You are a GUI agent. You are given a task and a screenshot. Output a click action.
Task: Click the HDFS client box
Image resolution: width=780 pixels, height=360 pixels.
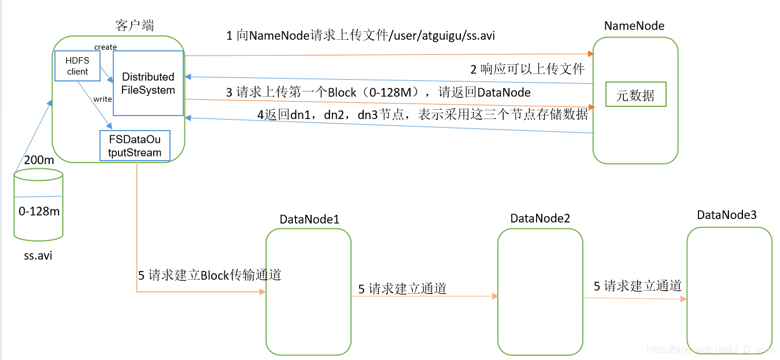(77, 65)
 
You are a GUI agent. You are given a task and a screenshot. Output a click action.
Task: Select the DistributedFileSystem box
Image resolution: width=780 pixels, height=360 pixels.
(148, 83)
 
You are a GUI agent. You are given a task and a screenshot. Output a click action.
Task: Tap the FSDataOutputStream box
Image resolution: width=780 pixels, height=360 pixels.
(135, 146)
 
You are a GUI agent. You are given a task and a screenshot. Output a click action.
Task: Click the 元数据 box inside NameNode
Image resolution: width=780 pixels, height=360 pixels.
(635, 95)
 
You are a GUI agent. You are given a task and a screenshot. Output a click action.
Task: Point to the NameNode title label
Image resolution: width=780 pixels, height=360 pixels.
(634, 26)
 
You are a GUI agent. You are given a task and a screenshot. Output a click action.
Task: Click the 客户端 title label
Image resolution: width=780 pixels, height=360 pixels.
(135, 25)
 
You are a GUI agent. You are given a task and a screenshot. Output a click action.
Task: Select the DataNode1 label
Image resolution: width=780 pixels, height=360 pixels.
(309, 220)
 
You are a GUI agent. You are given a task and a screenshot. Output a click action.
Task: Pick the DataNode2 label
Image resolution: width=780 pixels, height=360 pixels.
(540, 218)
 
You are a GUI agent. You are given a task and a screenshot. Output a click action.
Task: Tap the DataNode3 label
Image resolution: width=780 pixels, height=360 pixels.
(727, 215)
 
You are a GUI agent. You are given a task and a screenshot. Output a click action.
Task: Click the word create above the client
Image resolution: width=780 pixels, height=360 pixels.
(105, 47)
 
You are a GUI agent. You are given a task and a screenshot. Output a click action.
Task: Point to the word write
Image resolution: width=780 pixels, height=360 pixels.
(102, 99)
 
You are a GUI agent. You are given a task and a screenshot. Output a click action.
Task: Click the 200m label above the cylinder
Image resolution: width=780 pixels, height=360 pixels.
(39, 160)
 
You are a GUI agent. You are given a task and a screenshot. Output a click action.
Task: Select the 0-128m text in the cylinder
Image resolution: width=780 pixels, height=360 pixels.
(39, 211)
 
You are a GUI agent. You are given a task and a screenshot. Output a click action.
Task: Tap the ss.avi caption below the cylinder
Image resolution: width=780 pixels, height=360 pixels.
(38, 255)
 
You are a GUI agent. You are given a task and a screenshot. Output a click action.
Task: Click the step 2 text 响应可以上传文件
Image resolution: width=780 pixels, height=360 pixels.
(527, 70)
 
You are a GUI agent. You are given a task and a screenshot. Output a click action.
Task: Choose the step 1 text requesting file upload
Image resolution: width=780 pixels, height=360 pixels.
(360, 36)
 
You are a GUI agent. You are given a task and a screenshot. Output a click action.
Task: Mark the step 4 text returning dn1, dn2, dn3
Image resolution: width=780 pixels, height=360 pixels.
(422, 114)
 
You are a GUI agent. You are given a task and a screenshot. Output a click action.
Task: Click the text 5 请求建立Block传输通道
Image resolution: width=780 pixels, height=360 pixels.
(209, 276)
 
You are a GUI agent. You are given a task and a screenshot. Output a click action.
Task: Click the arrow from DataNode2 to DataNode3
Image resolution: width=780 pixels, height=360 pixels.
(635, 299)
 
